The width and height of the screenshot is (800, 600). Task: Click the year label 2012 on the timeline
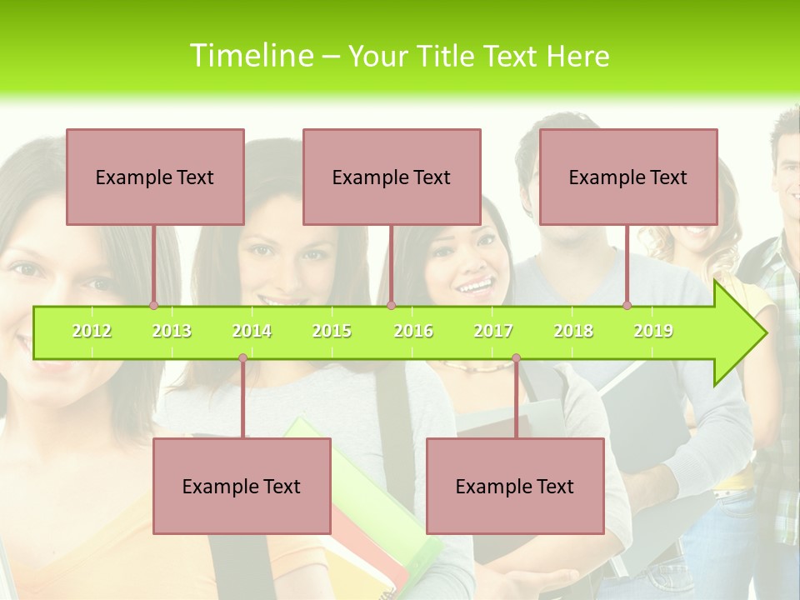pos(92,331)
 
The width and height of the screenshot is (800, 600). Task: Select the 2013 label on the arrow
pos(172,331)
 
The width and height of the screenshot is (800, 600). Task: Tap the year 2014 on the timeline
pos(252,331)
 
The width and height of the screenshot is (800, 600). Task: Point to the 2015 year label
pos(332,331)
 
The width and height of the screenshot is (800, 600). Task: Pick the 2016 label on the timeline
pos(413,331)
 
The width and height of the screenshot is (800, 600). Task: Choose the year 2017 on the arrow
pos(493,331)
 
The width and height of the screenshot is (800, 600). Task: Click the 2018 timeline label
pos(573,331)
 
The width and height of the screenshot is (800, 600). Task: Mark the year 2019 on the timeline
pos(653,331)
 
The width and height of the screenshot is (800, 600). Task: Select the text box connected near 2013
pos(155,177)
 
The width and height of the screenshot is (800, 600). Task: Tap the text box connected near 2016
pos(392,177)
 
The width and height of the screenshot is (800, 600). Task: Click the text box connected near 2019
pos(628,177)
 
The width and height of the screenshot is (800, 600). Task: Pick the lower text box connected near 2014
pos(242,486)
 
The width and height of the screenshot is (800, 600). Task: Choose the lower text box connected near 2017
pos(515,486)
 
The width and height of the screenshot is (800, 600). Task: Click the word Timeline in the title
pos(249,56)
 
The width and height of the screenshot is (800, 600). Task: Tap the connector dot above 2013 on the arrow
pos(153,305)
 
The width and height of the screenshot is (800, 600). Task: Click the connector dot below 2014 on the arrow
pos(242,358)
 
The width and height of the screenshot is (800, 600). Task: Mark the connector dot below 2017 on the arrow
pos(516,358)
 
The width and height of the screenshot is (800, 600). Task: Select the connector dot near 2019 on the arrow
pos(627,305)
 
